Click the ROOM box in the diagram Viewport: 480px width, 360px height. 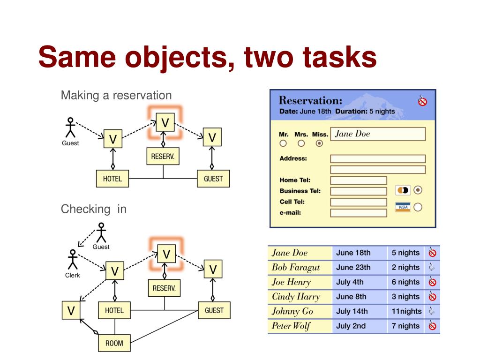pyautogui.click(x=114, y=343)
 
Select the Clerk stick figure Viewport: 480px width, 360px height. pyautogui.click(x=72, y=260)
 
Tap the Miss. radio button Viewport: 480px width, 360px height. pyautogui.click(x=320, y=143)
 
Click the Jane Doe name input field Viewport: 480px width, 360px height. pyautogui.click(x=378, y=134)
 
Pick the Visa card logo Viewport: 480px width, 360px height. pyautogui.click(x=402, y=207)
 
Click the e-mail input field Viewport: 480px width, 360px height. pyautogui.click(x=359, y=213)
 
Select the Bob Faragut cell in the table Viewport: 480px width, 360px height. pyautogui.click(x=296, y=267)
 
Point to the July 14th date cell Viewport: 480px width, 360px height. pyautogui.click(x=352, y=311)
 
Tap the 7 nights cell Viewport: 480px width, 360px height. pyautogui.click(x=405, y=326)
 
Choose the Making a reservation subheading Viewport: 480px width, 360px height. pyautogui.click(x=116, y=96)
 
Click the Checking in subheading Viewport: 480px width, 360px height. pyautogui.click(x=94, y=209)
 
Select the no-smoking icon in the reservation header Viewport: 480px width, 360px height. pyautogui.click(x=422, y=101)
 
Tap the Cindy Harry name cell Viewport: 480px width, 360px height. pyautogui.click(x=296, y=297)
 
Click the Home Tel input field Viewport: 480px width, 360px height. pyautogui.click(x=359, y=180)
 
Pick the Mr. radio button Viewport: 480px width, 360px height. pyautogui.click(x=283, y=143)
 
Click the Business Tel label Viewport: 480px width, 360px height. pyautogui.click(x=300, y=191)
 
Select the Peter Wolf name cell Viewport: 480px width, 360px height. pyautogui.click(x=291, y=326)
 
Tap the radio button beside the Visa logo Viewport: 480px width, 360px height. pyautogui.click(x=418, y=207)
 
